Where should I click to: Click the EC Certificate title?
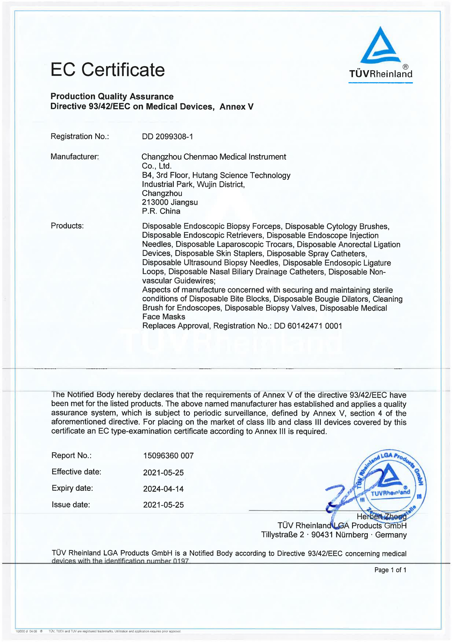(108, 70)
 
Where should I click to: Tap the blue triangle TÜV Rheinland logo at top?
(380, 46)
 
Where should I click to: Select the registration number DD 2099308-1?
(167, 137)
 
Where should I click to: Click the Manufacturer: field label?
(75, 157)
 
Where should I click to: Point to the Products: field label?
(67, 226)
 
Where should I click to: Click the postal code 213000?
(155, 202)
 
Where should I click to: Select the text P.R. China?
(161, 211)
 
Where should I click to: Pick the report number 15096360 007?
(168, 456)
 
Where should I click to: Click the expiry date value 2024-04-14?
(163, 489)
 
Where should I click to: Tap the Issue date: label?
(71, 505)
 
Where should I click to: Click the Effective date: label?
(76, 472)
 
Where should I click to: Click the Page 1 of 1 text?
(390, 570)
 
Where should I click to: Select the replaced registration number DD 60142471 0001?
(308, 326)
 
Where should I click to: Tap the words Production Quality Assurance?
(112, 97)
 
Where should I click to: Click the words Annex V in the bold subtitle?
(236, 107)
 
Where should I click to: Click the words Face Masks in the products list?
(164, 317)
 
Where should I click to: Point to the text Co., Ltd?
(157, 166)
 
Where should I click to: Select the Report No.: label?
(72, 455)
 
